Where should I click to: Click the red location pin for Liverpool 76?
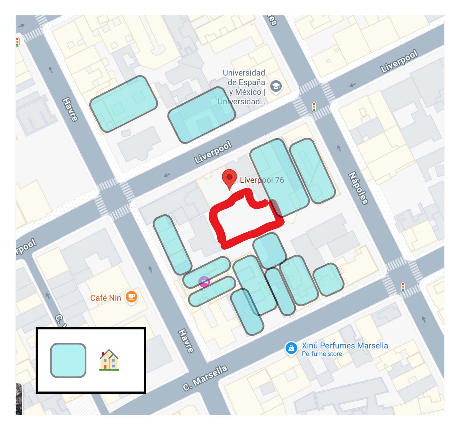point(229,178)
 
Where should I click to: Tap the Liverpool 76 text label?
point(262,180)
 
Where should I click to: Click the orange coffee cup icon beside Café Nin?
point(131,297)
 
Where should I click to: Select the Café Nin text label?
point(105,298)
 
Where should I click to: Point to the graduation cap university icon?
point(276,86)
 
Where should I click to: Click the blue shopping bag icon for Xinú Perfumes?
point(291,348)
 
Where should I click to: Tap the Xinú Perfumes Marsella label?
point(345,346)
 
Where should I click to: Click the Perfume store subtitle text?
point(322,354)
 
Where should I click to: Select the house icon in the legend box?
point(109,360)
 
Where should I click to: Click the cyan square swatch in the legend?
point(68,360)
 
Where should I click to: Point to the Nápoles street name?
point(358,188)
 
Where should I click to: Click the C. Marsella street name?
point(205,378)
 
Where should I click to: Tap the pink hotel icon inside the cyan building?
point(204,282)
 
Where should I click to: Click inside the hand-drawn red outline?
point(245,221)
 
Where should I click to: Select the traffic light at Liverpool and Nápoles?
point(314,107)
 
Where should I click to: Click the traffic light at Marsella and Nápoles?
point(403,286)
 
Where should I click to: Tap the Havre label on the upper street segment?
point(70,110)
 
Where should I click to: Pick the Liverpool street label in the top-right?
point(399,61)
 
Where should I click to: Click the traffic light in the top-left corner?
point(18,42)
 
